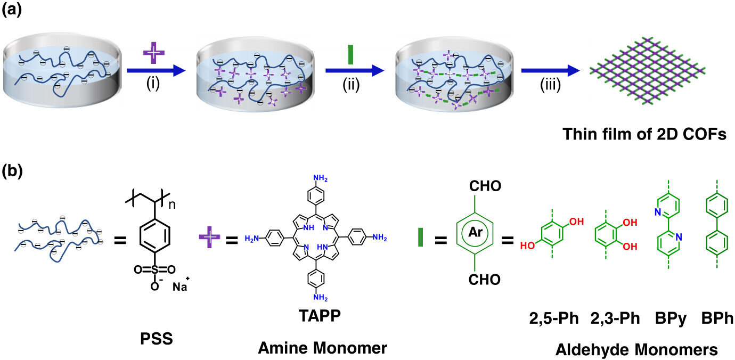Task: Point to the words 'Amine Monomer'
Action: click(x=322, y=348)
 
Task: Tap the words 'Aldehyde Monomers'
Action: click(x=636, y=349)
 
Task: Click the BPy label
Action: click(x=669, y=320)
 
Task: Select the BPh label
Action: click(x=717, y=320)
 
